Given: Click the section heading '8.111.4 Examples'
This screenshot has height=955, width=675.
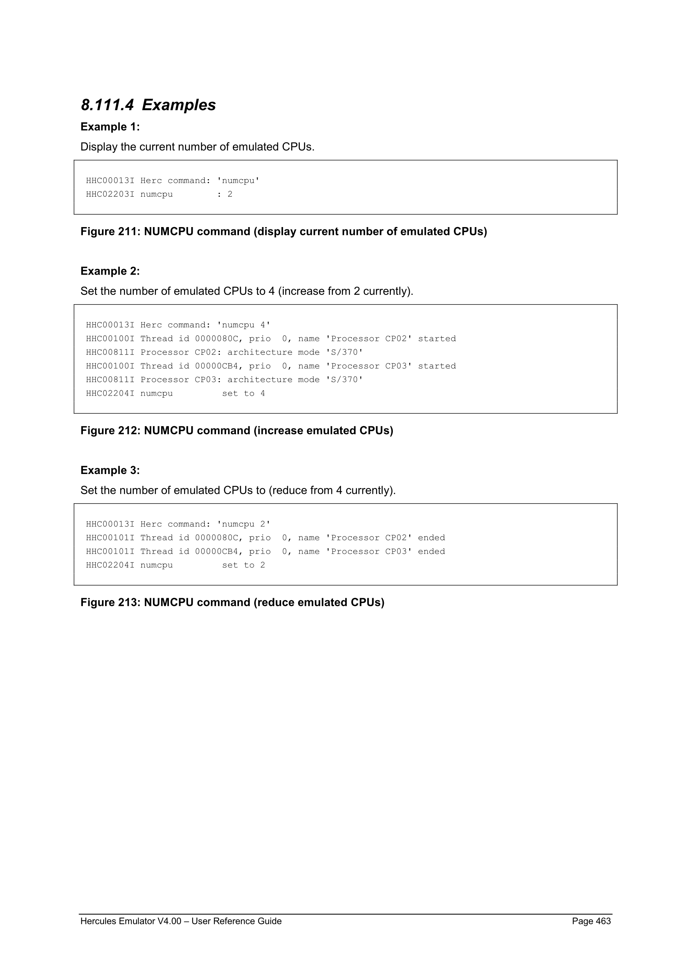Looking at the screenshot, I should pos(148,105).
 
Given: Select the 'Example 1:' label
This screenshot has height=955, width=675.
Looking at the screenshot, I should pos(110,127).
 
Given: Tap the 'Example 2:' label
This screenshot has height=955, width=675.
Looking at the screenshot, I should pos(110,271).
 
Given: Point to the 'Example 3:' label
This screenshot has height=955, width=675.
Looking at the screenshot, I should pos(110,470).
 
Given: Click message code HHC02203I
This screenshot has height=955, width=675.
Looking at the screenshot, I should pos(110,194).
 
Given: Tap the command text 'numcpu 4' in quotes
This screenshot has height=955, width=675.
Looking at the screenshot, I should pos(244,325).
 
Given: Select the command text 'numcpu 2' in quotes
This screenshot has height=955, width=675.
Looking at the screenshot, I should pos(244,524).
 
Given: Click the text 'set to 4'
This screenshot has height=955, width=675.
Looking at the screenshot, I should pos(244,393).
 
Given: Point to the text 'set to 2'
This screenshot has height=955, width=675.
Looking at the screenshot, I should pos(244,565).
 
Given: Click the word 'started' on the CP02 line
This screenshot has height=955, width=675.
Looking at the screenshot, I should pos(437,338).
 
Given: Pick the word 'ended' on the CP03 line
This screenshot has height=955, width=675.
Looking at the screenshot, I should pos(431,552).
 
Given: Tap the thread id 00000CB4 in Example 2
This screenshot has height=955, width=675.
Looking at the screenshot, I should pos(216,366).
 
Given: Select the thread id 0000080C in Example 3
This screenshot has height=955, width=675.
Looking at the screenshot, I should pos(216,538).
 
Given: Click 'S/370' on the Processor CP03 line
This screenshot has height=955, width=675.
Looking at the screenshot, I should pos(344,380).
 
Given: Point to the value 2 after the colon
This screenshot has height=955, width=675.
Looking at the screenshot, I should pos(230,194).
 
